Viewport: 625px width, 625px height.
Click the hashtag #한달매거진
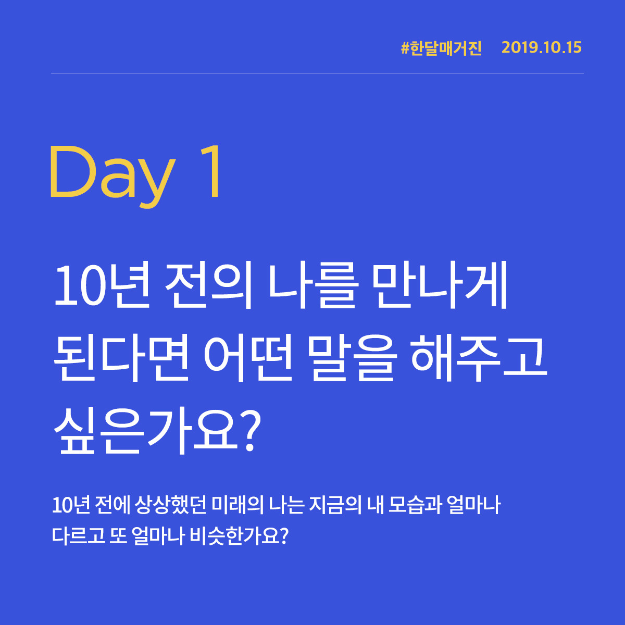[442, 48]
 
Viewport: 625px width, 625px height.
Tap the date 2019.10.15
[541, 48]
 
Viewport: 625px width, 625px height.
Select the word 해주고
[479, 359]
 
